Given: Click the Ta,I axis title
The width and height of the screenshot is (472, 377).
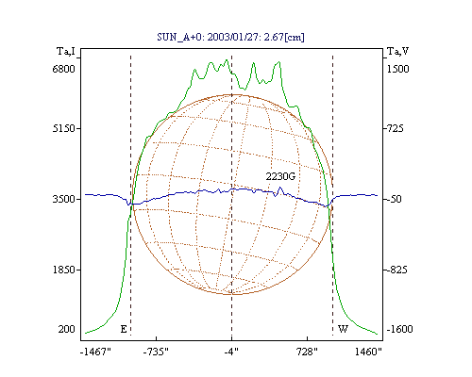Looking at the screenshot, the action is (66, 51).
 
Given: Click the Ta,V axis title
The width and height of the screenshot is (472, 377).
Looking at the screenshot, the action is (397, 51).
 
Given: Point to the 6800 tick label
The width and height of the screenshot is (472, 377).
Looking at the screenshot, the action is (64, 69).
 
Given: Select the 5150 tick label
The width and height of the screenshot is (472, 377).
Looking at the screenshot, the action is (64, 128).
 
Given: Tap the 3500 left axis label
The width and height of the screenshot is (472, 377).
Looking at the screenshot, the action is (64, 199).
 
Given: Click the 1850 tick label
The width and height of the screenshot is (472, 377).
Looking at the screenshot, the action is (64, 270).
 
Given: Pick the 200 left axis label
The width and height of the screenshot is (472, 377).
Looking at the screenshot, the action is (66, 329).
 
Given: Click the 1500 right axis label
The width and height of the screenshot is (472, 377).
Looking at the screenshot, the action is (397, 69).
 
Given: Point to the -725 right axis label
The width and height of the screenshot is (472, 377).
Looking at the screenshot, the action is (394, 128).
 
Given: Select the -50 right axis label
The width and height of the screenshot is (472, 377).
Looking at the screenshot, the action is (393, 199).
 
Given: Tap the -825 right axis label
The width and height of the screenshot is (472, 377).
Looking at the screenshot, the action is (396, 270).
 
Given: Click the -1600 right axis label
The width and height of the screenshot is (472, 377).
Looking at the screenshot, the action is (399, 329).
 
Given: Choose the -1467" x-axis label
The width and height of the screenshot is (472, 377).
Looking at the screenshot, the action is (95, 352).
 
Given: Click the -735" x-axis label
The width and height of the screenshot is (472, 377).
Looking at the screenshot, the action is (156, 352).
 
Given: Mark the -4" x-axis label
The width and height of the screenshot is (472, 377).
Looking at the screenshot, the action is (231, 352).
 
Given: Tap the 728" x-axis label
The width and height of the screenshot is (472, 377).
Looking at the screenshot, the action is (306, 352).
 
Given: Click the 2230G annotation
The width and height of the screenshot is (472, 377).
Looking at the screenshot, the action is (280, 176).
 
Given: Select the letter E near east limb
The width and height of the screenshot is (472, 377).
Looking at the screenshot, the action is (124, 329).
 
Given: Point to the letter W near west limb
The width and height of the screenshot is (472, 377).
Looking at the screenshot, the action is (343, 329).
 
